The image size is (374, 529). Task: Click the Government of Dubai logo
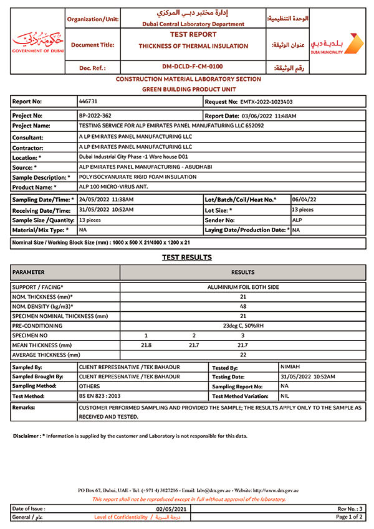pyautogui.click(x=38, y=41)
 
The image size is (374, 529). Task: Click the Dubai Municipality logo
pyautogui.click(x=337, y=44)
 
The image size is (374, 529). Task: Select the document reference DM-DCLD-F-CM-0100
pyautogui.click(x=192, y=67)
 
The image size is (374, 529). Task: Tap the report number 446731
pyautogui.click(x=88, y=101)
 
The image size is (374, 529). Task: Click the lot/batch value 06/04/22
pyautogui.click(x=304, y=199)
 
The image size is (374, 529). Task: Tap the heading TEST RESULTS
pyautogui.click(x=187, y=257)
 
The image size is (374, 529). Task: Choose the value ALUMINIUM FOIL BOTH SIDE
pyautogui.click(x=243, y=287)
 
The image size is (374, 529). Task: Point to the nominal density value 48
pyautogui.click(x=243, y=306)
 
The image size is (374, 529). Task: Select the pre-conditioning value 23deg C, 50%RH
pyautogui.click(x=243, y=325)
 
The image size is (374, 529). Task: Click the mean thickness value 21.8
pyautogui.click(x=146, y=345)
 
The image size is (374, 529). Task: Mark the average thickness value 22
pyautogui.click(x=243, y=355)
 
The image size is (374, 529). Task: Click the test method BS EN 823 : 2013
pyautogui.click(x=100, y=395)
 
